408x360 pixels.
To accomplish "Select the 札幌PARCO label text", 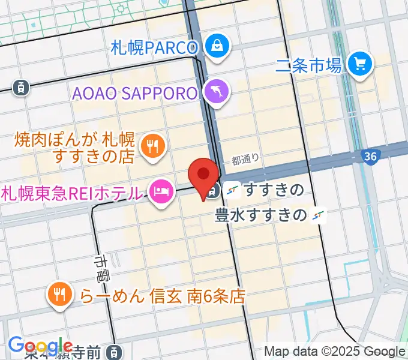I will [154, 47].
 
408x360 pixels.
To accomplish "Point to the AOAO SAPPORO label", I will [135, 94].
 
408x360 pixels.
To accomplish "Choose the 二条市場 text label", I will [309, 65].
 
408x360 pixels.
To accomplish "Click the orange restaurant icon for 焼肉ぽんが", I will [153, 145].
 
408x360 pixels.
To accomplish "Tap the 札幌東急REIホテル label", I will [72, 193].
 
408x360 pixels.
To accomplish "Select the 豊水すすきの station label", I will [261, 215].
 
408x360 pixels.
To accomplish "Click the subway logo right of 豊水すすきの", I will [319, 215].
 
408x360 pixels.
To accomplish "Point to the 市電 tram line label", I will [101, 269].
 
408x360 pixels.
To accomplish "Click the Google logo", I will [40, 346].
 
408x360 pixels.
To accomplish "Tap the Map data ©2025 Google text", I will [335, 351].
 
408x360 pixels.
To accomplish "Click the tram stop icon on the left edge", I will [21, 88].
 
